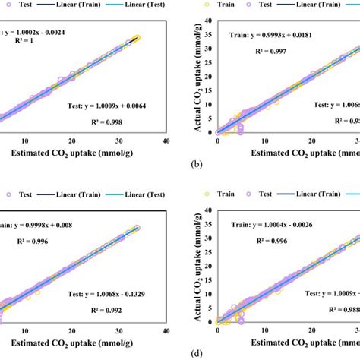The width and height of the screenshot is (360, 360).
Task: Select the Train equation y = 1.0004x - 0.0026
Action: click(x=279, y=224)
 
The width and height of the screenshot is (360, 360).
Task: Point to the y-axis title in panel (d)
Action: click(x=194, y=271)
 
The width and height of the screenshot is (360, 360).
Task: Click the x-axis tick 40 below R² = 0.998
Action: click(x=165, y=141)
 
